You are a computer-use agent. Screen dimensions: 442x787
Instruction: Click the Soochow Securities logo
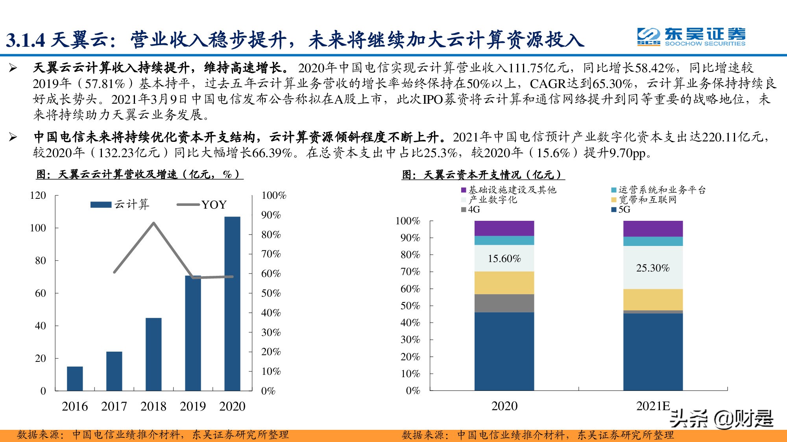tap(691, 37)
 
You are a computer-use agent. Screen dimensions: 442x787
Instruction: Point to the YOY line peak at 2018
tap(153, 223)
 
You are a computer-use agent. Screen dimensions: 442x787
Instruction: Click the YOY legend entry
tap(203, 205)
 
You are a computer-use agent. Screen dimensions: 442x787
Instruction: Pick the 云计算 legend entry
tap(120, 205)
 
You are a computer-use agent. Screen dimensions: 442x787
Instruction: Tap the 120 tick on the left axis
tap(38, 196)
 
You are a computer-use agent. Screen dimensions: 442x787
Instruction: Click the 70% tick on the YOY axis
tap(271, 254)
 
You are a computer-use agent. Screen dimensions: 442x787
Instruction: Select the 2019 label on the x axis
tap(193, 406)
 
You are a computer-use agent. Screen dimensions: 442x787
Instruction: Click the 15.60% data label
tap(504, 259)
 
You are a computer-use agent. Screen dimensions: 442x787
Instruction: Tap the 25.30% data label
tap(653, 268)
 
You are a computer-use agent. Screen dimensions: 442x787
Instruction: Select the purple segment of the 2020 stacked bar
tap(504, 228)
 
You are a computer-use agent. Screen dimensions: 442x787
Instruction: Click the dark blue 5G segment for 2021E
tap(653, 352)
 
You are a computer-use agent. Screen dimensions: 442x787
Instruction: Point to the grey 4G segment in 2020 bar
tap(504, 303)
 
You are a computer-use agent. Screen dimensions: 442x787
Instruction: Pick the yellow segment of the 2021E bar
tap(653, 300)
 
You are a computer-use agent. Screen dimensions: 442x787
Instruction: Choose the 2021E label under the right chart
tap(653, 406)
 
